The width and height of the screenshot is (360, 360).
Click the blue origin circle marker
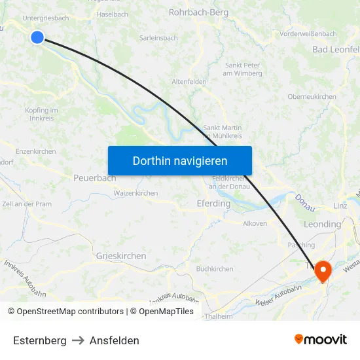(37, 37)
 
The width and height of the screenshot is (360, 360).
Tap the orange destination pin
(323, 270)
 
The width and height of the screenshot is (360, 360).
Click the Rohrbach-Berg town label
(198, 12)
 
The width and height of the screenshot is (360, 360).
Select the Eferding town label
(213, 204)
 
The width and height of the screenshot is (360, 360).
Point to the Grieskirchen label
(121, 256)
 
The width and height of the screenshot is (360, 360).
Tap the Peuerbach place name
(94, 177)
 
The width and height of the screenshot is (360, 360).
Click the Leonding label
(322, 225)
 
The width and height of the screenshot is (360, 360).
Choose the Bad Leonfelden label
(336, 50)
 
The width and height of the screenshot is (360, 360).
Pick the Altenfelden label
(189, 82)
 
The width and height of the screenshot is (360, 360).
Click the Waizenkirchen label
(135, 193)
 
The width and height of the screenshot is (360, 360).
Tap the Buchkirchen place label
(215, 269)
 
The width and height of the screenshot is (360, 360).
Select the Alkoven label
(255, 223)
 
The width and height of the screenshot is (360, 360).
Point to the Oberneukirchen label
(312, 97)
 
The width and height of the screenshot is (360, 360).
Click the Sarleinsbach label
(158, 38)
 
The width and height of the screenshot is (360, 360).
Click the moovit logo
(320, 339)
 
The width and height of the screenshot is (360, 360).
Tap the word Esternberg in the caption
(39, 340)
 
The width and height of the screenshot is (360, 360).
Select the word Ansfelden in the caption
(115, 340)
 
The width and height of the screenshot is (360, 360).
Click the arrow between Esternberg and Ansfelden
(78, 340)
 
